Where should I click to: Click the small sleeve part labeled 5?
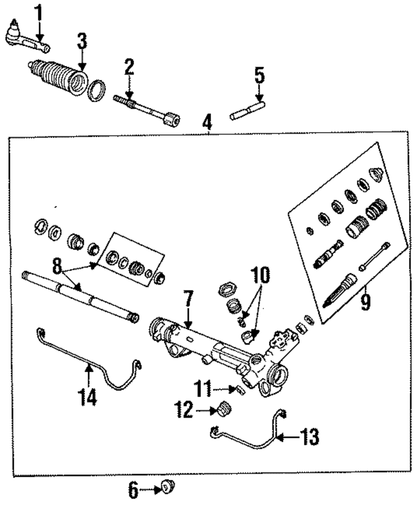click(248, 112)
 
